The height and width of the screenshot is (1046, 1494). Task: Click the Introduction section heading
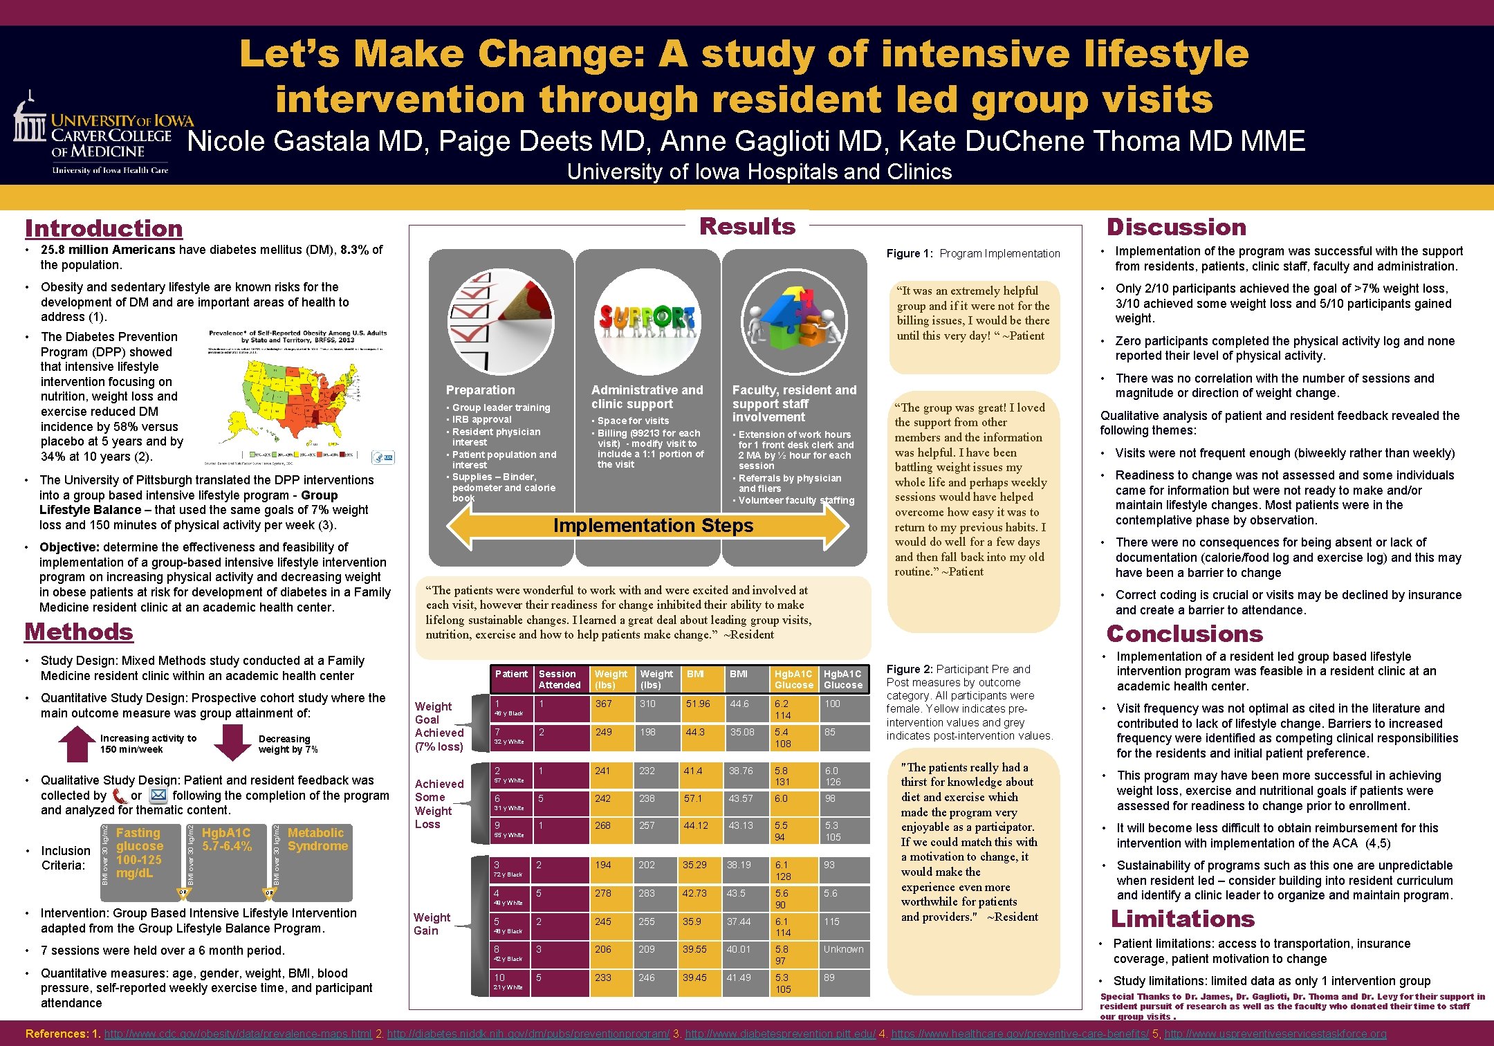pyautogui.click(x=104, y=228)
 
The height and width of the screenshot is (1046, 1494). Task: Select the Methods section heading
pyautogui.click(x=79, y=632)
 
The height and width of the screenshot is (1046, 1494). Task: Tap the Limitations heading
pyautogui.click(x=1182, y=919)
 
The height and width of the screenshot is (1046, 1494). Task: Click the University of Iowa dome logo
pyautogui.click(x=29, y=118)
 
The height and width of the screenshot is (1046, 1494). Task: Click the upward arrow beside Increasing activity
pyautogui.click(x=77, y=744)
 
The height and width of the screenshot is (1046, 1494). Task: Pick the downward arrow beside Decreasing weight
pyautogui.click(x=232, y=742)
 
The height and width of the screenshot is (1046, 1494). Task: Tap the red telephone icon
pyautogui.click(x=120, y=796)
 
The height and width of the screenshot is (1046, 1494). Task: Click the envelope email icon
pyautogui.click(x=158, y=796)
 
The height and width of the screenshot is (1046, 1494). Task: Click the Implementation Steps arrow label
pyautogui.click(x=653, y=526)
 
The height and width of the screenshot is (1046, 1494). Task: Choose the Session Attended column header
pyautogui.click(x=560, y=679)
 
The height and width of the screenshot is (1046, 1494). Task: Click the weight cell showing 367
pyautogui.click(x=604, y=704)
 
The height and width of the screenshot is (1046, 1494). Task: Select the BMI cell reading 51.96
pyautogui.click(x=698, y=704)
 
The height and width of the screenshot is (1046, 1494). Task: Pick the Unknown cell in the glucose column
pyautogui.click(x=843, y=950)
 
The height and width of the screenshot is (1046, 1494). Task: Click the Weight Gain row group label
pyautogui.click(x=432, y=924)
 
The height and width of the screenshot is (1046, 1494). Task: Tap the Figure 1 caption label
pyautogui.click(x=972, y=254)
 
